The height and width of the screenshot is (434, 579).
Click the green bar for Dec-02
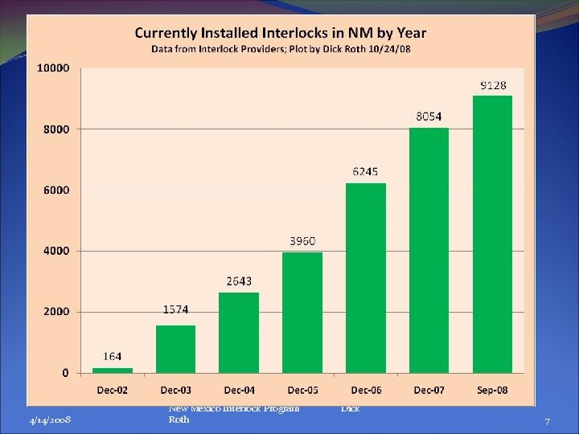point(113,370)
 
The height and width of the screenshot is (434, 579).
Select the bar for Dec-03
point(175,349)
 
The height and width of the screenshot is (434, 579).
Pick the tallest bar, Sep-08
point(492,234)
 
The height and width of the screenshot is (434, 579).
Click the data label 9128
point(494,84)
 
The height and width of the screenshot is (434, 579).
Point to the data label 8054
point(429,117)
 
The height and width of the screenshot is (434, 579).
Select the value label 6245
point(365,171)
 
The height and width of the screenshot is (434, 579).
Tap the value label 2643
point(239,280)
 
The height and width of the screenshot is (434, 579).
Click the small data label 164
point(113,356)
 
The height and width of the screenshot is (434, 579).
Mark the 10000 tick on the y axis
point(53,68)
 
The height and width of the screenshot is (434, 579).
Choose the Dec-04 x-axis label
point(239,390)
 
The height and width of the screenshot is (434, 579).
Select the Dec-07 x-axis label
point(429,390)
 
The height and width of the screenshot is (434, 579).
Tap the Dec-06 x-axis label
point(365,390)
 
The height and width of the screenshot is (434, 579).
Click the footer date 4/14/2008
point(49,420)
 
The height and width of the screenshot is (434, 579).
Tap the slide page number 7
point(547,421)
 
